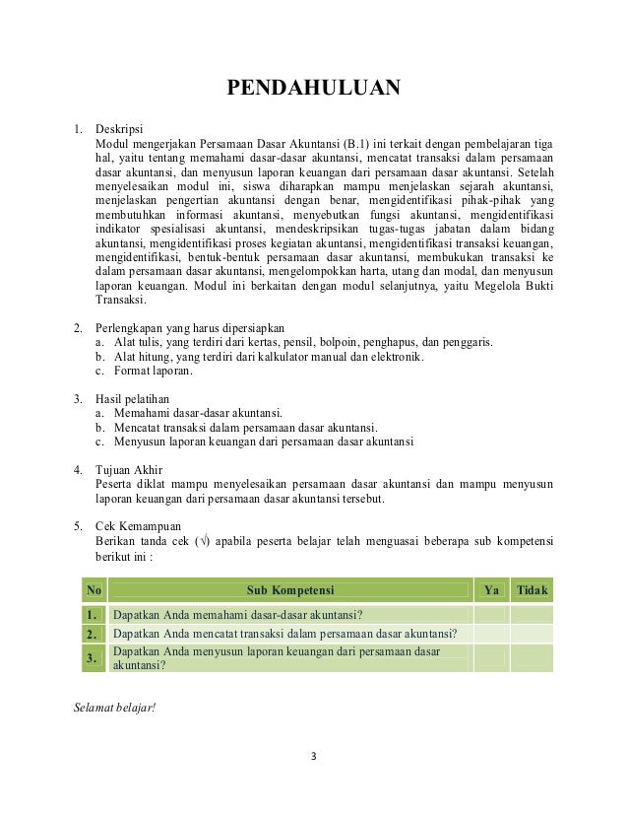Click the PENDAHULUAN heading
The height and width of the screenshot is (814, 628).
tap(314, 92)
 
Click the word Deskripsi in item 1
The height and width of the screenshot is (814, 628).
tap(118, 128)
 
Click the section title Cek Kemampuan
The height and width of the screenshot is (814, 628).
tap(134, 526)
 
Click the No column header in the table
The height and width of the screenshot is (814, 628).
tap(94, 590)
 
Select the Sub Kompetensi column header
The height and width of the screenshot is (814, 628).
tap(290, 590)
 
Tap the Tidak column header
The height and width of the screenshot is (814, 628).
tap(534, 590)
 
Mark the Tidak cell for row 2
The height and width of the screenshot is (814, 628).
tap(534, 633)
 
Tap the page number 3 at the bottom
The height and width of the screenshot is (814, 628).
tap(313, 758)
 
